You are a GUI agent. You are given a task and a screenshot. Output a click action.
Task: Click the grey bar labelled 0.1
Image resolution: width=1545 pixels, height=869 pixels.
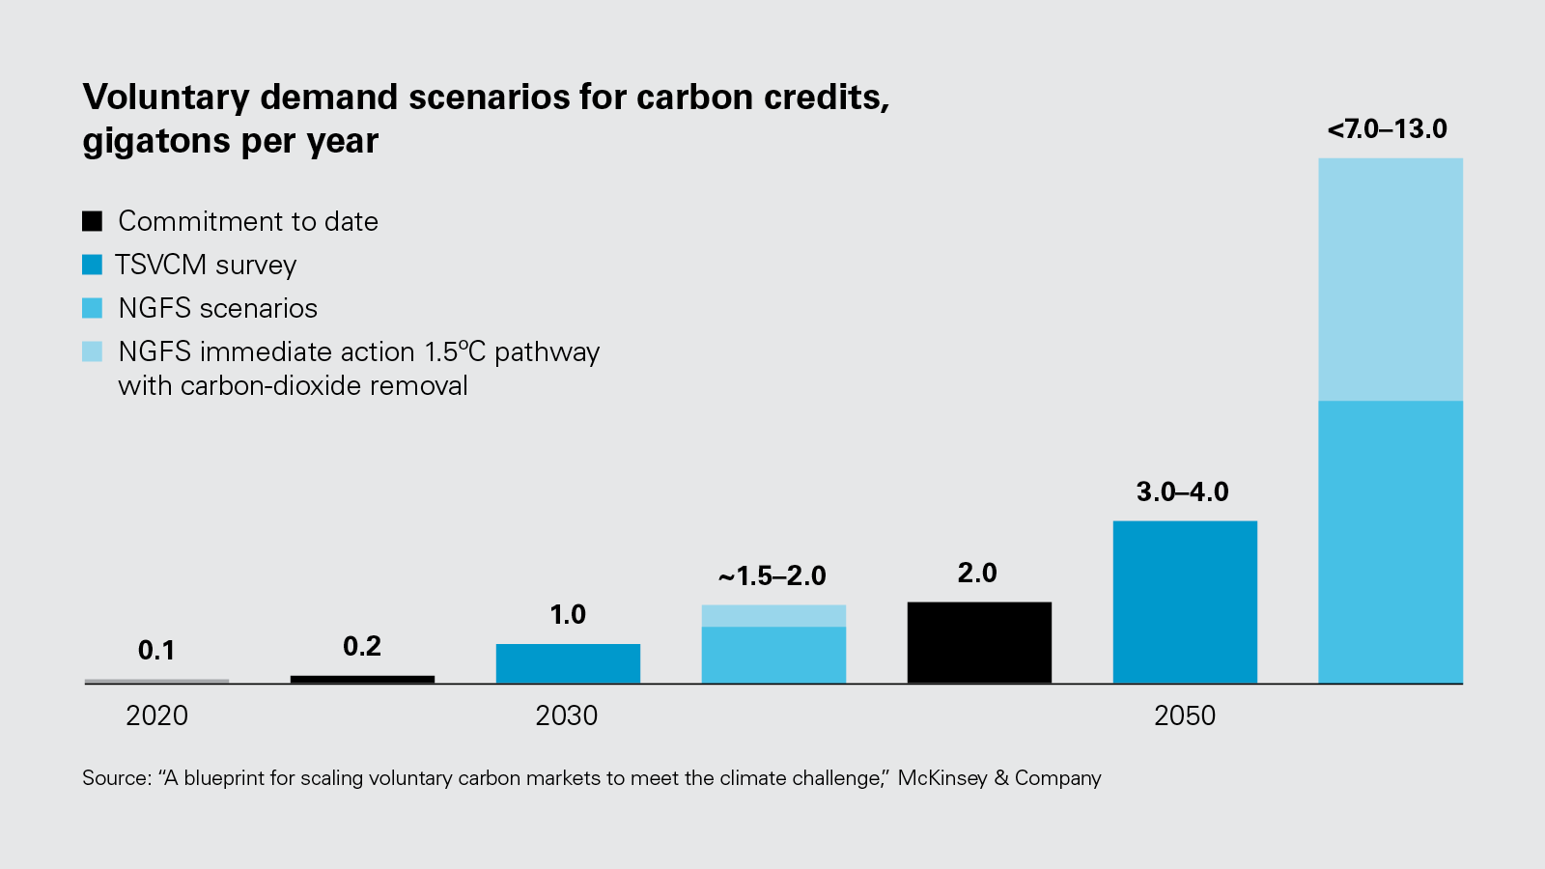(x=156, y=681)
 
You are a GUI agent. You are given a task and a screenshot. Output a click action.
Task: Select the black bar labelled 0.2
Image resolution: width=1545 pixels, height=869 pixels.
(x=362, y=679)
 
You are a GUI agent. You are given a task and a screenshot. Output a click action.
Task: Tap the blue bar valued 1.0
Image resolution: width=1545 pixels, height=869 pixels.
(x=568, y=663)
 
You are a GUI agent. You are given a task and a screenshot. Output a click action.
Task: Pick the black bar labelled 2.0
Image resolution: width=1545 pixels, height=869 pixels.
(x=979, y=642)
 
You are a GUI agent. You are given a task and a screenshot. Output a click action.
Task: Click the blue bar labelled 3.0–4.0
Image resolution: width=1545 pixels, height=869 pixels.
(x=1185, y=602)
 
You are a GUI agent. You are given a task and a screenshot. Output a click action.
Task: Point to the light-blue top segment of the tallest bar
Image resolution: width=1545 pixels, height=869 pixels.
(x=1390, y=279)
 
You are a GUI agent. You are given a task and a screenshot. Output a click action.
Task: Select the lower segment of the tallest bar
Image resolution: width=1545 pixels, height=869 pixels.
(x=1390, y=542)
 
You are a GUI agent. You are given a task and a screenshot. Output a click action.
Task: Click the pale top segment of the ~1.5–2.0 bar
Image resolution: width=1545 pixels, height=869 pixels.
(x=773, y=616)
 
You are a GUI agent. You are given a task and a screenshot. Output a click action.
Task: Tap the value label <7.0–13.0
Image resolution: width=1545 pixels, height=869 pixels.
(x=1387, y=129)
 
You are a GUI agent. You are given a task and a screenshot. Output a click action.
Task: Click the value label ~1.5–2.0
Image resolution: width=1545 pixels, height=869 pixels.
(x=772, y=576)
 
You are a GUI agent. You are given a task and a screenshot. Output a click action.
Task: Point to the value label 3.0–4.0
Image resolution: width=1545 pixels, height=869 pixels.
(x=1182, y=492)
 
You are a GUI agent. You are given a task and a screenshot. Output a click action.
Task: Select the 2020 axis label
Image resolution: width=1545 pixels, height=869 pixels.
(x=156, y=715)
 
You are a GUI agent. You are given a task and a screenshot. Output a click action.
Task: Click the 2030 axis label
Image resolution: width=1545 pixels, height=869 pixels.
(x=567, y=715)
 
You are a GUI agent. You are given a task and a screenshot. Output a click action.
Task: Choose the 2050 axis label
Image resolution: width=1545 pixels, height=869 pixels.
(x=1185, y=715)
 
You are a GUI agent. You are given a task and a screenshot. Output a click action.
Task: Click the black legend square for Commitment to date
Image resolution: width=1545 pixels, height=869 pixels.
(x=92, y=221)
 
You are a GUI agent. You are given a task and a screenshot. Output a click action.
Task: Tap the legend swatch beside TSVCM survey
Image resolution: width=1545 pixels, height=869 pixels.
(x=92, y=265)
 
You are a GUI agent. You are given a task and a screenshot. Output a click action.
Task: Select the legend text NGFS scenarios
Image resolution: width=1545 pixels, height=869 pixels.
(x=217, y=308)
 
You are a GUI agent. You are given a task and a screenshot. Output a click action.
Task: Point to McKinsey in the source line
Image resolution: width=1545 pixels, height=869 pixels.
(x=941, y=778)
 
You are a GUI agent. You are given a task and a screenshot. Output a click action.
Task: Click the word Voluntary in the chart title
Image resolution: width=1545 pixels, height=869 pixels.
(x=166, y=98)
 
